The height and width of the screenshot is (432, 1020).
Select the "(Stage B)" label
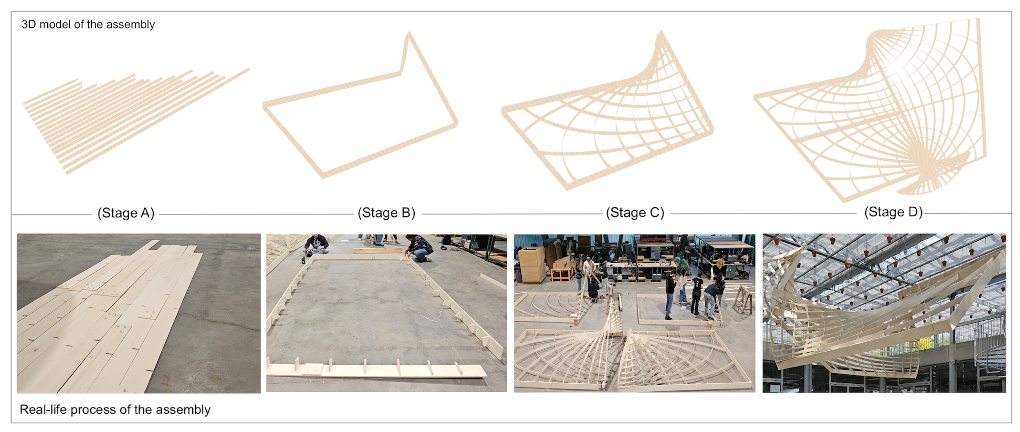click(386, 213)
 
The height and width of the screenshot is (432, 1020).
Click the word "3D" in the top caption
click(29, 24)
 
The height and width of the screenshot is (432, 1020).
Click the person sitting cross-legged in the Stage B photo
click(316, 245)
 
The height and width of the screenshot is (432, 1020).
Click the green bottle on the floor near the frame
click(303, 260)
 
